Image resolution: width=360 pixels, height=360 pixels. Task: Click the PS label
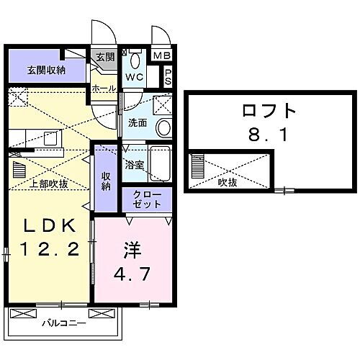(x=168, y=76)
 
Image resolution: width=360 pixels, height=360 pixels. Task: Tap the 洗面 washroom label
(x=137, y=122)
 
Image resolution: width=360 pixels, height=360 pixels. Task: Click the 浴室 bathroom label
(x=134, y=164)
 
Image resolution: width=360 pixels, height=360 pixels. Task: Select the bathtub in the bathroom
(x=159, y=166)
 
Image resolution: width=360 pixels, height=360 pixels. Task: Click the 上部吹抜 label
(x=49, y=184)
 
